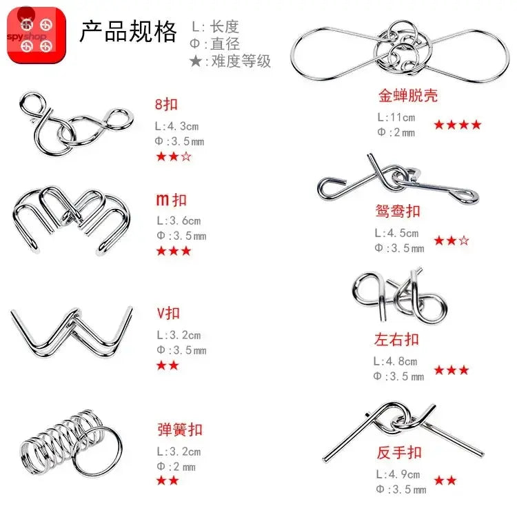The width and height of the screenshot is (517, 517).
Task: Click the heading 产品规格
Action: (128, 32)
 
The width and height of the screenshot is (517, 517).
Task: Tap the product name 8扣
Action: (167, 105)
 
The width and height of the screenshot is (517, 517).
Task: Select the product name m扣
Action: (172, 200)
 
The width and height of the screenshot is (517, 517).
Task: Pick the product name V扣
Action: (169, 314)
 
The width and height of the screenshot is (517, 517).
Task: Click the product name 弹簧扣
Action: (180, 429)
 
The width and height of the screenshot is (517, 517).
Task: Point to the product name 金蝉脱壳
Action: (408, 95)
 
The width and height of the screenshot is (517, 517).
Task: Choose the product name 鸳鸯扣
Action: (398, 211)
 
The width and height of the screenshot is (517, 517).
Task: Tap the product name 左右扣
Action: (397, 339)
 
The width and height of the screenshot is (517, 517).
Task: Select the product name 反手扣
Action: (399, 453)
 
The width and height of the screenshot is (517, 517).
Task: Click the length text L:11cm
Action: (396, 118)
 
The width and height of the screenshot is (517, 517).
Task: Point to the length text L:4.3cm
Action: (178, 127)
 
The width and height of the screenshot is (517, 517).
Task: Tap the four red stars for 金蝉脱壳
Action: (457, 125)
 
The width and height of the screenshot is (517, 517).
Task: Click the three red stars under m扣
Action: (174, 251)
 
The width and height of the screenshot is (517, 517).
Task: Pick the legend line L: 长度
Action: (215, 28)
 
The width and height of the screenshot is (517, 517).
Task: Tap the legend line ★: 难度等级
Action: (230, 61)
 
